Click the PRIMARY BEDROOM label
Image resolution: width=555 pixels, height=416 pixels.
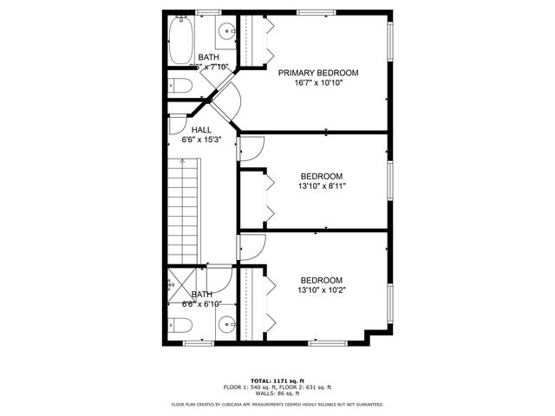click(x=318, y=74)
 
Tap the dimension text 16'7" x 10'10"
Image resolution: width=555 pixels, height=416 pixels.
click(x=318, y=85)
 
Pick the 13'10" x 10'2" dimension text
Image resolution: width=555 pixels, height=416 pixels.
click(x=321, y=291)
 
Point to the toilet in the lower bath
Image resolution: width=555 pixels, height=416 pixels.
click(x=180, y=327)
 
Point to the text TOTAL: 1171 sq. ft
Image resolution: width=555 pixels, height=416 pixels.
click(x=277, y=380)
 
